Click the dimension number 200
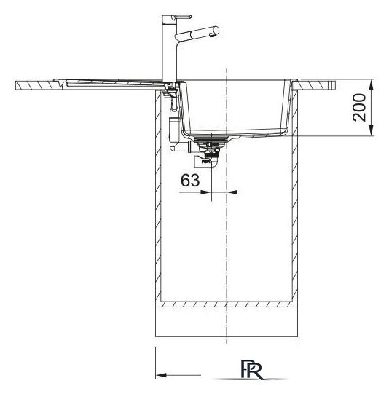[x=359, y=107]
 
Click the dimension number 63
[x=190, y=180]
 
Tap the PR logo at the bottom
[x=251, y=370]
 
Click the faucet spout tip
[x=215, y=32]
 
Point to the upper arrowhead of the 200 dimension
[x=372, y=85]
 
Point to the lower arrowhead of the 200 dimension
[x=372, y=130]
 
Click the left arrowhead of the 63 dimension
[x=205, y=192]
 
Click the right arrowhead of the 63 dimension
[x=232, y=192]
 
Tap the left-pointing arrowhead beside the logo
[x=161, y=375]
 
